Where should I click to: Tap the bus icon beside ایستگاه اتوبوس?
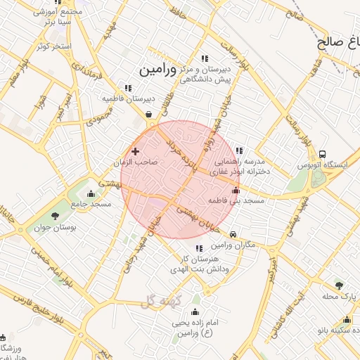coord(322,155)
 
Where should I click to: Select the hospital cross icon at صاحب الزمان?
coord(135,150)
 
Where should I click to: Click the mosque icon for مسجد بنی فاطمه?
coord(235,190)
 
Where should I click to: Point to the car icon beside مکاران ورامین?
coord(233,234)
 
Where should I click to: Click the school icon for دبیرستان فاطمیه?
coord(127,88)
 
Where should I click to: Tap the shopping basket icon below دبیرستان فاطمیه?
coord(149,115)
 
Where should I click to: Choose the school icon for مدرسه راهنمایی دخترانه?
coord(239,150)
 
